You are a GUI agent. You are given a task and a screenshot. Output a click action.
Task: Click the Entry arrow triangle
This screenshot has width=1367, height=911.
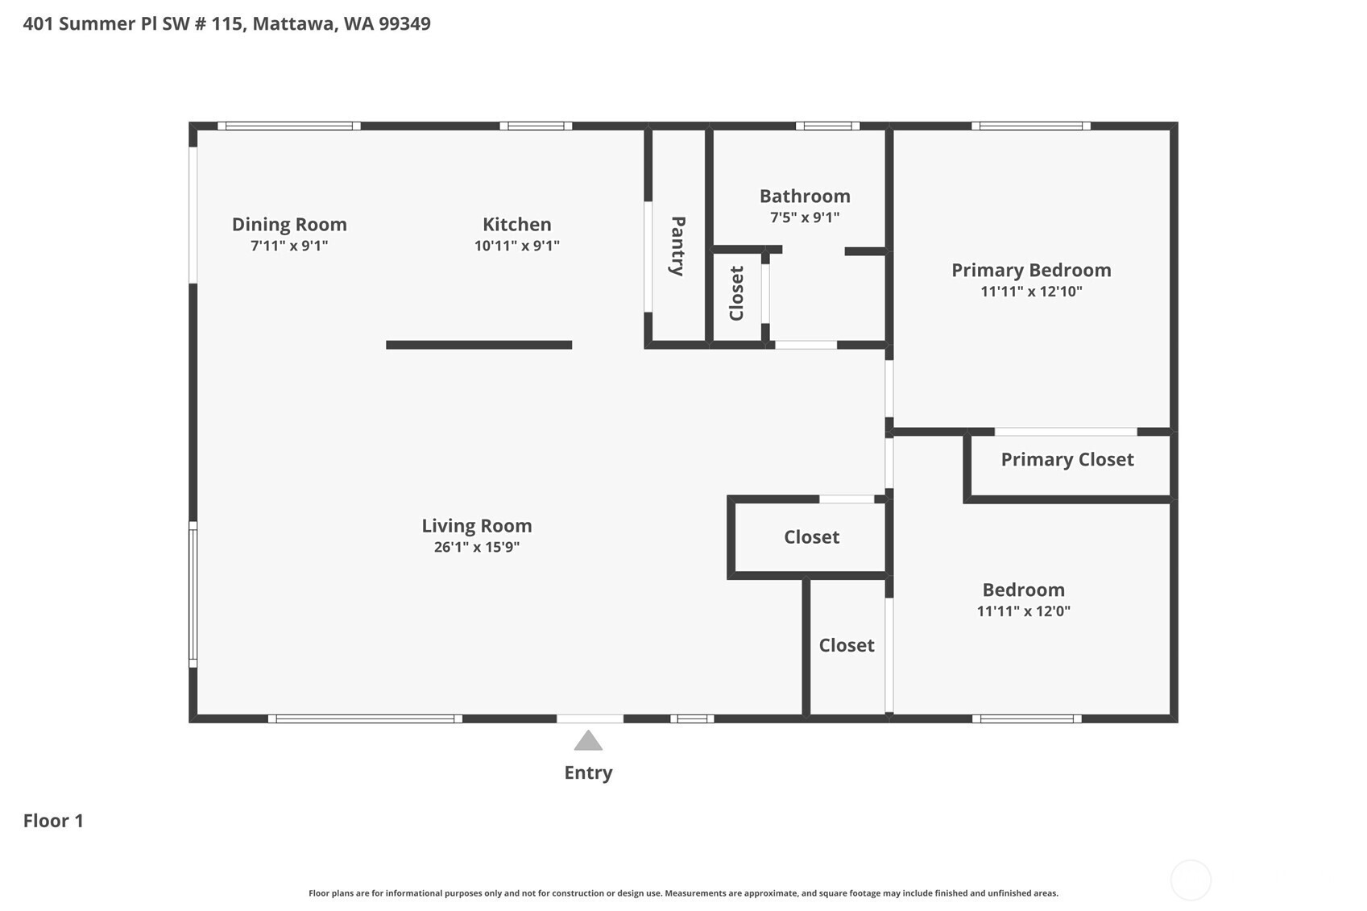point(588,740)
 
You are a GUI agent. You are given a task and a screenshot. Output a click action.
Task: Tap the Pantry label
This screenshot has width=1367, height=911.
point(677,246)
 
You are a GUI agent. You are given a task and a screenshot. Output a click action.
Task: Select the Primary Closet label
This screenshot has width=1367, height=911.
point(1067,459)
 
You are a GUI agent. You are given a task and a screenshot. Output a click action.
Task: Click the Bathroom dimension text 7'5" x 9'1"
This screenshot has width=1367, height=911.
point(805,217)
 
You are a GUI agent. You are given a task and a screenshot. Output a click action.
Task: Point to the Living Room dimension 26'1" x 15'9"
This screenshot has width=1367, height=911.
point(477,547)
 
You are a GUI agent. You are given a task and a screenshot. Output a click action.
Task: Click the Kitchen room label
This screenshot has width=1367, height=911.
point(517,224)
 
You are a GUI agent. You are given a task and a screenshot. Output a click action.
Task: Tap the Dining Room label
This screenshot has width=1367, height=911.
point(289,225)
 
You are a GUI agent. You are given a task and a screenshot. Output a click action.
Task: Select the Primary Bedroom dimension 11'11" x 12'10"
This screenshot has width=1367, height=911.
point(1031,291)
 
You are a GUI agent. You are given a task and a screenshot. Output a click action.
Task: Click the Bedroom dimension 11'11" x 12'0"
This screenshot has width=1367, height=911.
point(1023,611)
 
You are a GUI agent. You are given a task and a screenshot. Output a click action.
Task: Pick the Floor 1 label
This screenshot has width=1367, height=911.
point(53,821)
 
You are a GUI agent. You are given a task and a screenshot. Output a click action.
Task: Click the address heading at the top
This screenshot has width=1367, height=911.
point(227,24)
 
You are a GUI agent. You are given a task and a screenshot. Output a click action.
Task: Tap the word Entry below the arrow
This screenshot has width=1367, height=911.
point(588,772)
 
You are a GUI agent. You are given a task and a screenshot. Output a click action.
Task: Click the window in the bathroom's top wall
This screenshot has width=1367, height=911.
point(827,126)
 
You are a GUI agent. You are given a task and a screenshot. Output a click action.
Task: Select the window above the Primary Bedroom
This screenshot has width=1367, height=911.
point(1031,126)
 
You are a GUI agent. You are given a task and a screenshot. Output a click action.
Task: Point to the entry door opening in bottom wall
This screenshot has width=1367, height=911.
point(590,718)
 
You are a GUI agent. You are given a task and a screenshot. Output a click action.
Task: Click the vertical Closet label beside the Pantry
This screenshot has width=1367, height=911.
point(736,293)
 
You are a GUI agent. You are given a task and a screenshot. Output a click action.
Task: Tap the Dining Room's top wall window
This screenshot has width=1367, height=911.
point(289,126)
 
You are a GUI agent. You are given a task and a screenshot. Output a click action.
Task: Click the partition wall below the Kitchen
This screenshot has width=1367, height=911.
point(479,346)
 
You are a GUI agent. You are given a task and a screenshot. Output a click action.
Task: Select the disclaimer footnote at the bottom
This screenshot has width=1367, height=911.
point(683,893)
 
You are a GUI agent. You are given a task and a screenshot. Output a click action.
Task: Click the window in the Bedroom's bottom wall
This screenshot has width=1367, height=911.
point(1026,718)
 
